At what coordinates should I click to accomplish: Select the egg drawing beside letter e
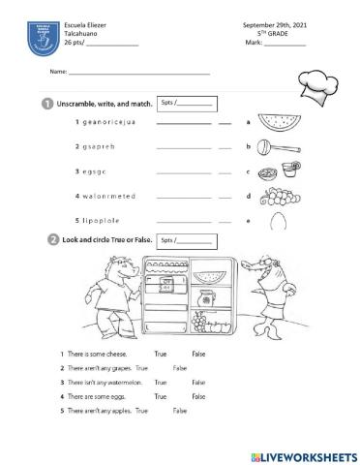coord(277,221)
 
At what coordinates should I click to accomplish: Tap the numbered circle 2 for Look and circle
coord(46,239)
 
